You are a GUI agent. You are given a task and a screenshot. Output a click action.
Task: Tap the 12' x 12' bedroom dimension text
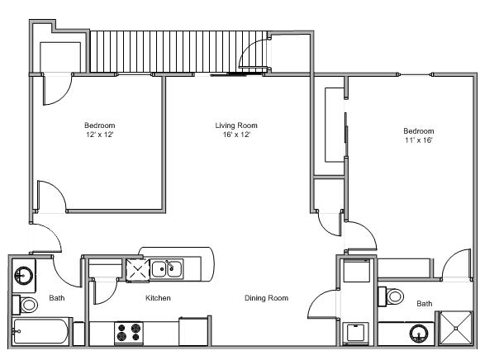(x=98, y=134)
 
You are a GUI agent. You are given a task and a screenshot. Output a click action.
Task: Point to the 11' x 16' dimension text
(x=418, y=140)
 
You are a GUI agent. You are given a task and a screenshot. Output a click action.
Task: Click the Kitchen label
(x=158, y=297)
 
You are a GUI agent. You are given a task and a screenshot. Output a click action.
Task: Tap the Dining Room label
(x=266, y=297)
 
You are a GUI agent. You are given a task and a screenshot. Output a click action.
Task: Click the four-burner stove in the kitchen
(x=128, y=332)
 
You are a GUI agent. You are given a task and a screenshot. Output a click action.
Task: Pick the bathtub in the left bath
(x=42, y=332)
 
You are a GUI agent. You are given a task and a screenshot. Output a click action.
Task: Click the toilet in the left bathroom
(x=27, y=304)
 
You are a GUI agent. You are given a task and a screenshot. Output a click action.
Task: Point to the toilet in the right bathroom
(x=394, y=295)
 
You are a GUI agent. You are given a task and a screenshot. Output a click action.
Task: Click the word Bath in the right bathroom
(x=424, y=304)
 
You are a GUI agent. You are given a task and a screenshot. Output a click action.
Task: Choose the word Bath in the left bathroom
(x=57, y=298)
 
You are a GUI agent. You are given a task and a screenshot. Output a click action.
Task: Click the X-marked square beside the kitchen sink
(x=135, y=268)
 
